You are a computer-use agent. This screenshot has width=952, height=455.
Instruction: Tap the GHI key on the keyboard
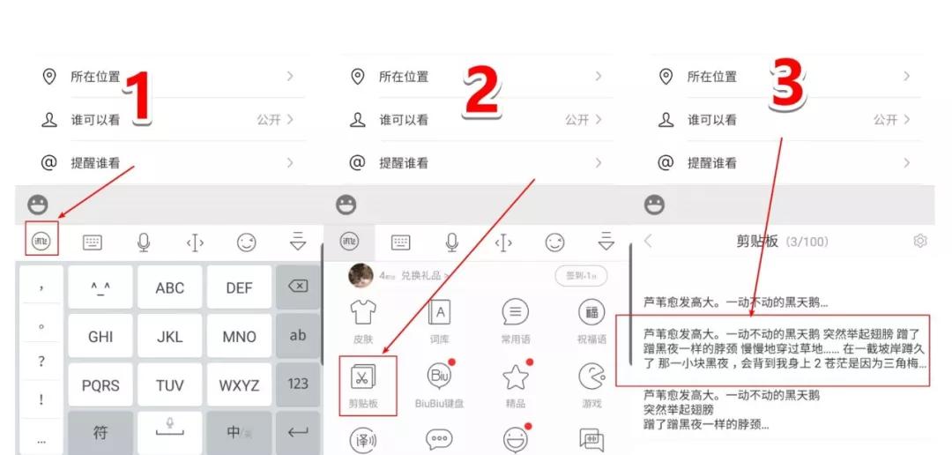tap(100, 336)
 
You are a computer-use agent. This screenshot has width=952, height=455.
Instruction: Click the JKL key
tap(170, 336)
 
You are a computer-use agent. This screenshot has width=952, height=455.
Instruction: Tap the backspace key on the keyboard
tap(298, 287)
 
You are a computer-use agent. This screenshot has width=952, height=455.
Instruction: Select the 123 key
tap(298, 384)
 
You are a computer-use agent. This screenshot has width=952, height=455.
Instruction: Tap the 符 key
tap(100, 432)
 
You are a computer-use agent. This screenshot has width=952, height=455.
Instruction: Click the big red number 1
tap(141, 97)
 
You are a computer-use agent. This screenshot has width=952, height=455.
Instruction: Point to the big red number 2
tap(481, 93)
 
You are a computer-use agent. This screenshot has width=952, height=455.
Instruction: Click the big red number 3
tap(788, 86)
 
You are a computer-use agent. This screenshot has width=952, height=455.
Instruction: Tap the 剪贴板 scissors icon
tap(362, 377)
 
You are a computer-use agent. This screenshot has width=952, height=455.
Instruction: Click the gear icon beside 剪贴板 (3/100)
tap(920, 241)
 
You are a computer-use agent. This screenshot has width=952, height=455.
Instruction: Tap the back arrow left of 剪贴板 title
tap(649, 241)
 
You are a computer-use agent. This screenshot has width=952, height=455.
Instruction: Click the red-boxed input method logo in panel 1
tap(41, 241)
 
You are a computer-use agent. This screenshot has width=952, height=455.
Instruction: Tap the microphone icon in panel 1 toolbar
tap(143, 242)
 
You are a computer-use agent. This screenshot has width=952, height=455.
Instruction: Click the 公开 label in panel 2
tap(576, 120)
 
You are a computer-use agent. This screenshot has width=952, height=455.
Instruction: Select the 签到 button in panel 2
tap(581, 276)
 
